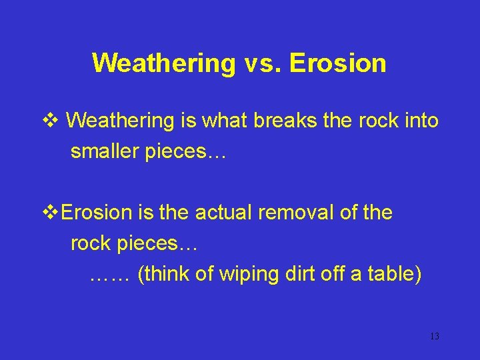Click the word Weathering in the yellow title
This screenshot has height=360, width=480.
[x=163, y=63]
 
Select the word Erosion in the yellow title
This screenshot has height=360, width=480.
[x=338, y=63]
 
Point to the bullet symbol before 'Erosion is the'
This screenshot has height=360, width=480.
[x=51, y=213]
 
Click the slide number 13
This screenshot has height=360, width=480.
[x=434, y=336]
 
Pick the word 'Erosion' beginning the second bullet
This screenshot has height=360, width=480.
[x=97, y=213]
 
